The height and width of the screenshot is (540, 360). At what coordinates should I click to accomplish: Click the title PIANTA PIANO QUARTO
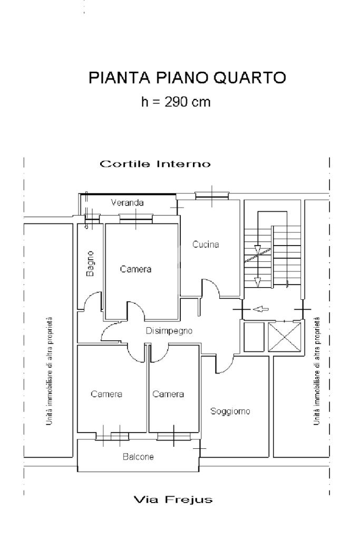click(x=187, y=78)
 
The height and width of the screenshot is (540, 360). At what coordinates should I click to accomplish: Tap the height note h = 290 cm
click(x=176, y=102)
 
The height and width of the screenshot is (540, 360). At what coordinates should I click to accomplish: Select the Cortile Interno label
click(x=155, y=164)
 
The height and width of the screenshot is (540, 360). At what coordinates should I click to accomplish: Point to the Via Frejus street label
click(x=173, y=499)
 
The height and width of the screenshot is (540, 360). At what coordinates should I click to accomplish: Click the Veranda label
click(x=127, y=202)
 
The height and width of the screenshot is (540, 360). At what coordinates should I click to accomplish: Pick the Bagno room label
click(x=90, y=263)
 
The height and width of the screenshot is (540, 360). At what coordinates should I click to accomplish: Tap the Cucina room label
click(x=206, y=244)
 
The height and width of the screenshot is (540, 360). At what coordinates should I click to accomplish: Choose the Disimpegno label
click(x=169, y=331)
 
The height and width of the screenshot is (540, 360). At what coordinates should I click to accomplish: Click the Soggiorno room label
click(x=230, y=411)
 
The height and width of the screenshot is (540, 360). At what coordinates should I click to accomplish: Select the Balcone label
click(x=138, y=457)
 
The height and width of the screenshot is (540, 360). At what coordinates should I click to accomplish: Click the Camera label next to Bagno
click(x=135, y=269)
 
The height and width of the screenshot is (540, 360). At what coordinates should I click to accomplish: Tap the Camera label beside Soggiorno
click(x=168, y=394)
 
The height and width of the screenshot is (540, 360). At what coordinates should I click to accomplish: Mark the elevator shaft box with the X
click(x=285, y=337)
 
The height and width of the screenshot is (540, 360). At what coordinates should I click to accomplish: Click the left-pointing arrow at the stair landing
click(x=261, y=309)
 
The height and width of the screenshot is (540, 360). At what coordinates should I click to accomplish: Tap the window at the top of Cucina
click(x=212, y=195)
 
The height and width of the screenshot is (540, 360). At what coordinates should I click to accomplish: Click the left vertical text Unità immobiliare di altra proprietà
click(x=49, y=371)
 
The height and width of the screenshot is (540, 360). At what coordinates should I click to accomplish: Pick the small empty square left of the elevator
click(x=254, y=337)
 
